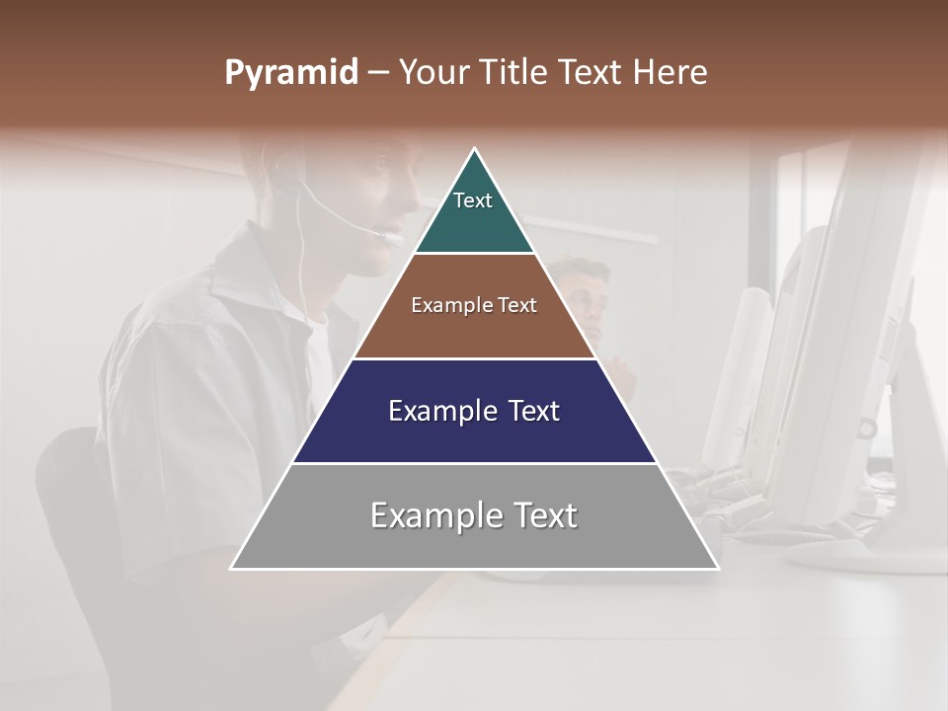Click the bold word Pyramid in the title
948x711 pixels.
click(290, 73)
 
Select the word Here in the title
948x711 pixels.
click(671, 73)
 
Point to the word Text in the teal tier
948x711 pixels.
click(473, 200)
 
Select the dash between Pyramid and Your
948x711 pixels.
click(377, 73)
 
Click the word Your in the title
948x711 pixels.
click(432, 73)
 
